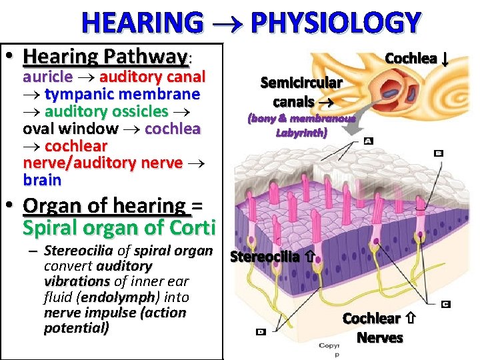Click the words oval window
click(71, 129)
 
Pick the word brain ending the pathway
click(42, 180)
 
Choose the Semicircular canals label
click(301, 92)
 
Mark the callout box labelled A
click(369, 141)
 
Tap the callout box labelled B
click(438, 153)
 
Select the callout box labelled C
click(445, 304)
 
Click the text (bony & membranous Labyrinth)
click(302, 125)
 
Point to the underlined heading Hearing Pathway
click(105, 56)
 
